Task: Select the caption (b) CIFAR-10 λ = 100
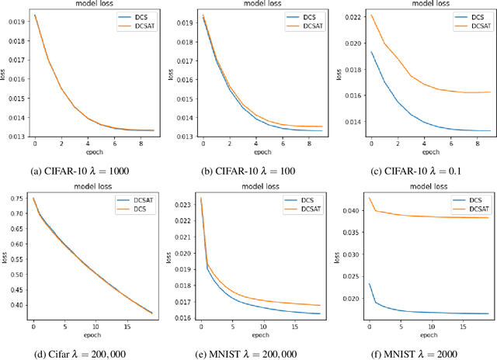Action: (x=248, y=165)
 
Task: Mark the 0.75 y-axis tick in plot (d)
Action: (x=17, y=199)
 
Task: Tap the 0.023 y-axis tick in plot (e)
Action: (x=185, y=204)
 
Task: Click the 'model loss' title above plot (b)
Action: (x=248, y=5)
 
